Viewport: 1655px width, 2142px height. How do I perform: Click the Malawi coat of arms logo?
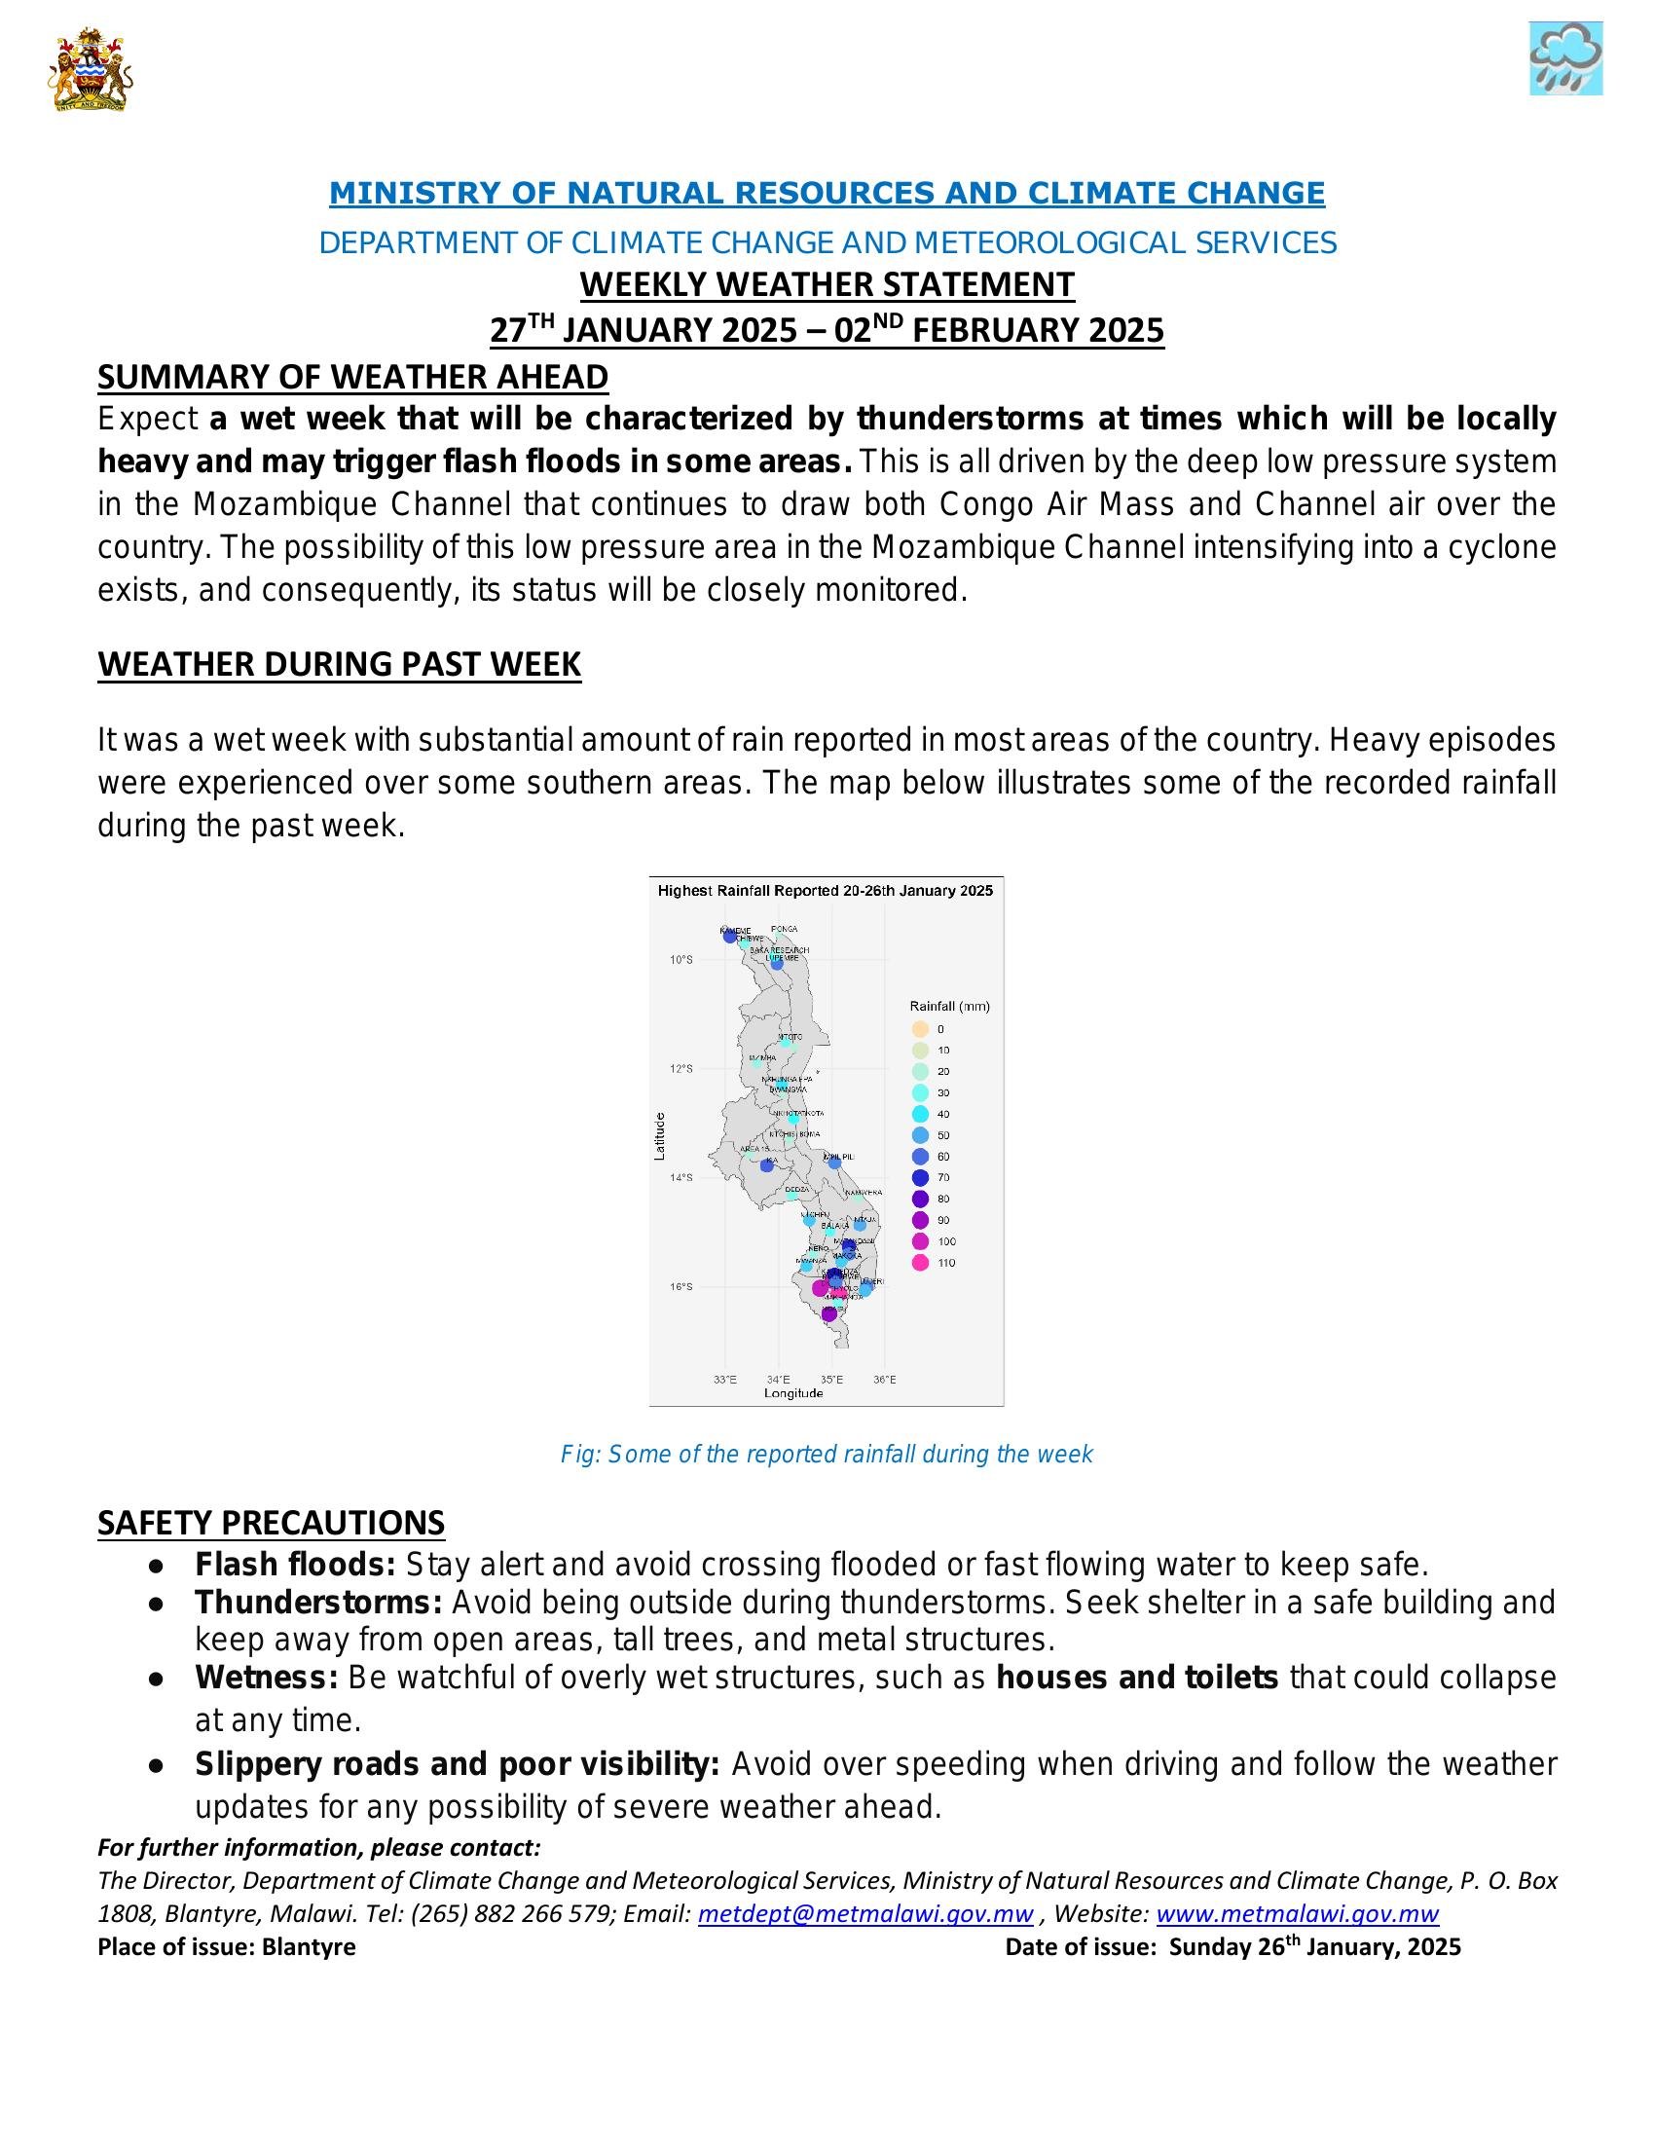point(90,69)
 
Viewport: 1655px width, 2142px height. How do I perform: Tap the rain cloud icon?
point(1564,59)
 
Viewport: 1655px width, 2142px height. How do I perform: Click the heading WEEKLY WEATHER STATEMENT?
point(827,284)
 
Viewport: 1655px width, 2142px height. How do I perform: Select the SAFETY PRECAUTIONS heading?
point(271,1522)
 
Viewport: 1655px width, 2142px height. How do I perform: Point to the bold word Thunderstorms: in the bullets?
point(318,1603)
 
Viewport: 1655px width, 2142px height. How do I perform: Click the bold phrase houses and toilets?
point(1136,1679)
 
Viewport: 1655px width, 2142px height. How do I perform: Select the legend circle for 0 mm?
point(920,1029)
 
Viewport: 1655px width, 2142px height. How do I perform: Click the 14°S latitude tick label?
point(680,1177)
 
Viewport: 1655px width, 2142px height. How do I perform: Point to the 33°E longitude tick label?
point(724,1379)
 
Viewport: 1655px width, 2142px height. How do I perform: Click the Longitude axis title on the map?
point(793,1392)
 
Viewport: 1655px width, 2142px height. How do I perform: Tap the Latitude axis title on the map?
point(660,1136)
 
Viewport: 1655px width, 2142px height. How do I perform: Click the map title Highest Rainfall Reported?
point(825,891)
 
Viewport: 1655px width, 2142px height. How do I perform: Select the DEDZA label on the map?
point(797,1189)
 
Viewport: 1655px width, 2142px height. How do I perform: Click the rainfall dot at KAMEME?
point(729,937)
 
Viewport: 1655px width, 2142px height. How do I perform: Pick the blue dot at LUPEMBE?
point(777,965)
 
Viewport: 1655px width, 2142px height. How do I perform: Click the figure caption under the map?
point(826,1454)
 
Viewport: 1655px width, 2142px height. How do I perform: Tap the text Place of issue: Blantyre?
point(227,1947)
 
